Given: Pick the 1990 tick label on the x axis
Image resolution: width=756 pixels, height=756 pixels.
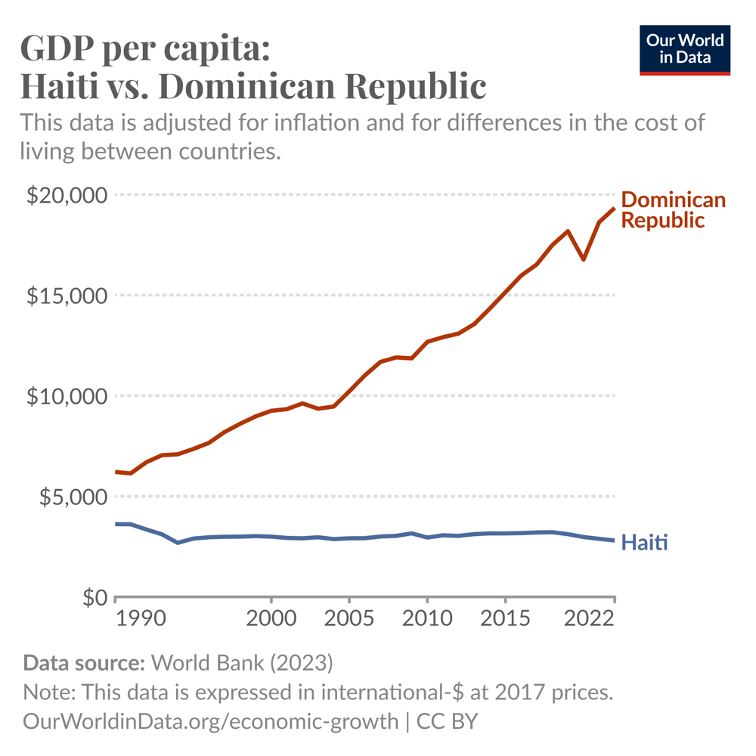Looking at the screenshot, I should coord(138,619).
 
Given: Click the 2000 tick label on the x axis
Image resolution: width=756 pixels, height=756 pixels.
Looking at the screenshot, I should coord(271,619).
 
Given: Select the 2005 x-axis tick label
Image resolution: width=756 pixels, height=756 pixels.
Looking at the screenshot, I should coord(349,619).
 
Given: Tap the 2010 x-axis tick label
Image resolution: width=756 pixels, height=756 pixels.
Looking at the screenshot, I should coord(427,619).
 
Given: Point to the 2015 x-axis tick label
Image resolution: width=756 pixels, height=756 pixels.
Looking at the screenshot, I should coord(505,619).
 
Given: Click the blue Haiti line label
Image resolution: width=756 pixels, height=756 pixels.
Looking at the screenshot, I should coord(644,542).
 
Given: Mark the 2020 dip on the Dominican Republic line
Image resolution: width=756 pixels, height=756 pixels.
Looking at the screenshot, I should coord(583,259).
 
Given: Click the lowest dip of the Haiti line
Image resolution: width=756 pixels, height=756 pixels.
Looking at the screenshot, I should coord(178,542).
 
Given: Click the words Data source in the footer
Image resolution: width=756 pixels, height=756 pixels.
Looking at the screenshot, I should coord(83,664).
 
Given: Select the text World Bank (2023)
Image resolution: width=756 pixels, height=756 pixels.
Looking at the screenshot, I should coord(242,664).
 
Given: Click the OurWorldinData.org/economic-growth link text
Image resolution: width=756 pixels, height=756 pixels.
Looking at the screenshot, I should coord(210,720).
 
